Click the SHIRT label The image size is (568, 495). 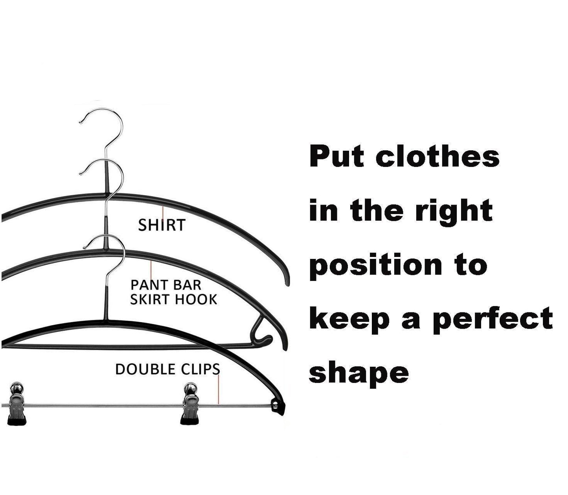point(162,225)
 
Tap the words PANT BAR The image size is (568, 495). point(166,284)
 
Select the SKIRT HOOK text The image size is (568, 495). point(173,299)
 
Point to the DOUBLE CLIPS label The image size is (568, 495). point(167,369)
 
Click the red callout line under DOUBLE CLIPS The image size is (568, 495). point(218,390)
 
